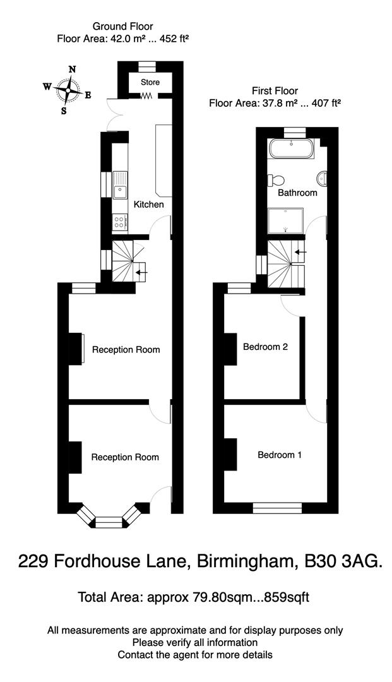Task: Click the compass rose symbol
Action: pos(67,90)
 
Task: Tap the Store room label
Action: pos(150,82)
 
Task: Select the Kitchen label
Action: pos(148,205)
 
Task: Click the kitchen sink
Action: pos(120,186)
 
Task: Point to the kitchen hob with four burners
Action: pos(119,221)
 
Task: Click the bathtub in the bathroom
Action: pos(290,150)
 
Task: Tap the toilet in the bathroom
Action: pos(274,179)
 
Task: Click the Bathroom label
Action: pos(299,193)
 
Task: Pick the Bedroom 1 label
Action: pos(280,455)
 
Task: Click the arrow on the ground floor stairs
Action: pos(142,273)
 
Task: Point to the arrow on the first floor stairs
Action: pos(300,253)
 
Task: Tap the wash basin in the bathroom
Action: pos(323,178)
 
